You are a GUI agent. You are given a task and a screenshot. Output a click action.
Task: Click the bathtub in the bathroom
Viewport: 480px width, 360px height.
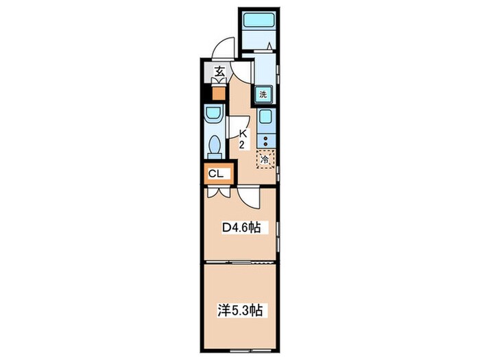point(259,21)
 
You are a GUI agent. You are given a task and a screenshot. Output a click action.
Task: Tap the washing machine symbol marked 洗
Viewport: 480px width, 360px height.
point(263,95)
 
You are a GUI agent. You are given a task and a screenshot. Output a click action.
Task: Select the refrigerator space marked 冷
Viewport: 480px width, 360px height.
point(265,159)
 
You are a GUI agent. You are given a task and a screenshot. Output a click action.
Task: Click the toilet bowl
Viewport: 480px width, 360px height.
point(215,146)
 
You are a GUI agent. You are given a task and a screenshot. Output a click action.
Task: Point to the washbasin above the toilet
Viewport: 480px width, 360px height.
point(214,115)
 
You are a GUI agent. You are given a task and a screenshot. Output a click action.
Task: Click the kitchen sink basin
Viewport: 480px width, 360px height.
point(265,117)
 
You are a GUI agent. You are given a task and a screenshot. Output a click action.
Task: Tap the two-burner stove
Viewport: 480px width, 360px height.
point(265,141)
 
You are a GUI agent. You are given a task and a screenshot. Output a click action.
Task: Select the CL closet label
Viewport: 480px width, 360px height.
point(216,174)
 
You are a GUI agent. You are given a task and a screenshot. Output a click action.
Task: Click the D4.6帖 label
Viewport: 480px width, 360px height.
point(241,227)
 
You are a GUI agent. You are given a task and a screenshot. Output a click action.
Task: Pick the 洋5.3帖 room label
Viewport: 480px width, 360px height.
point(240,310)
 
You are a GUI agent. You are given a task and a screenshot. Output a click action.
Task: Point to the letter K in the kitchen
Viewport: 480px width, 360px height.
point(243,134)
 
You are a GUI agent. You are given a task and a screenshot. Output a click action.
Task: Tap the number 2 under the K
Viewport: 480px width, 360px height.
point(242,145)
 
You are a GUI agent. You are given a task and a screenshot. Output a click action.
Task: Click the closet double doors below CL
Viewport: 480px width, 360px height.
point(219,192)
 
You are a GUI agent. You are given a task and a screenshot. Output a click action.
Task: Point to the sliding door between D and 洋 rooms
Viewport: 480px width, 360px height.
point(240,263)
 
